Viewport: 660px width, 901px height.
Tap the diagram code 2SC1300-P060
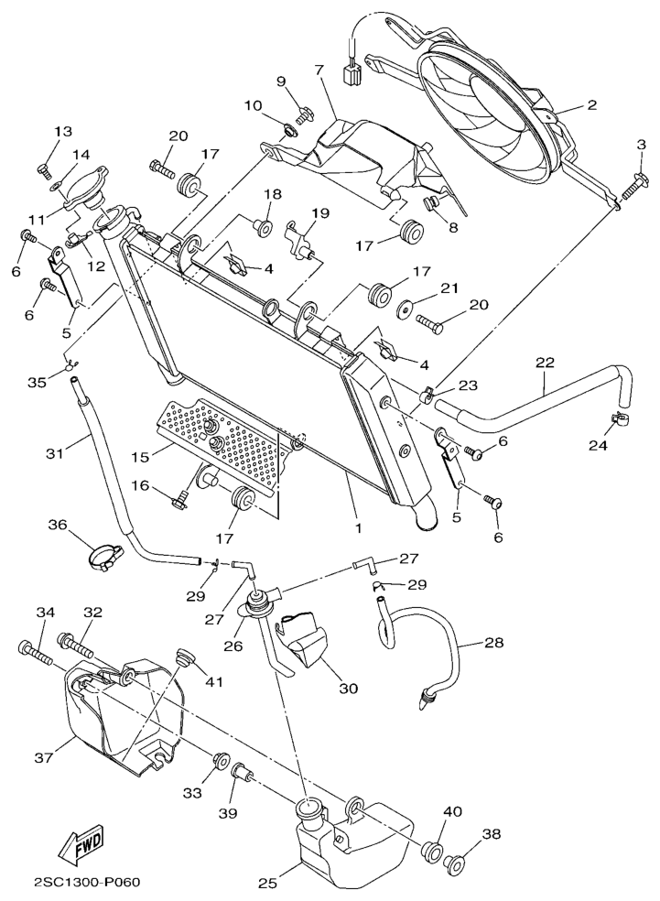click(86, 883)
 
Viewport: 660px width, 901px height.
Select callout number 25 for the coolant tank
click(267, 884)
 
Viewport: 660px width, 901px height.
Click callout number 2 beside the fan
click(591, 105)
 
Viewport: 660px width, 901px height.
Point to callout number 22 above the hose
click(545, 364)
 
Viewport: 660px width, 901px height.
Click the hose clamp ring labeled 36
click(103, 554)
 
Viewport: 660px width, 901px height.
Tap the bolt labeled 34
click(37, 652)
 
